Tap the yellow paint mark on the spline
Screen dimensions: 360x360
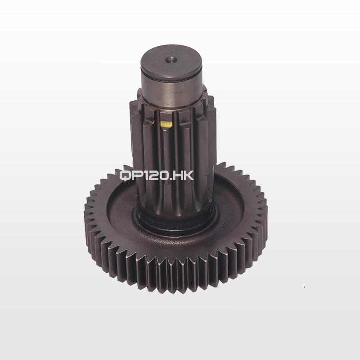coord(166,124)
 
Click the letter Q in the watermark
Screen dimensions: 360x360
coord(125,176)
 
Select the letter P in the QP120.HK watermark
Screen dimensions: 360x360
coord(136,176)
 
